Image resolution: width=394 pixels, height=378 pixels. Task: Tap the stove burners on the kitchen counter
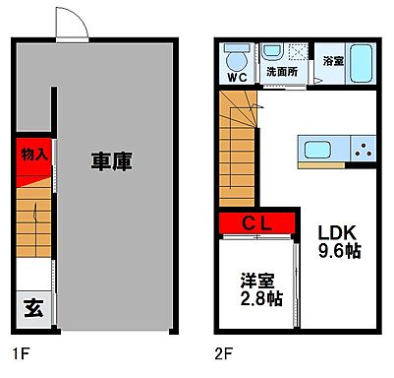pyautogui.click(x=364, y=151)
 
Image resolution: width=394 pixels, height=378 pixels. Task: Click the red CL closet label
pyautogui.click(x=258, y=223)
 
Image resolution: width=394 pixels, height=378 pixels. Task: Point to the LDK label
pyautogui.click(x=337, y=232)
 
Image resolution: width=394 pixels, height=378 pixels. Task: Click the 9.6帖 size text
pyautogui.click(x=337, y=251)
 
